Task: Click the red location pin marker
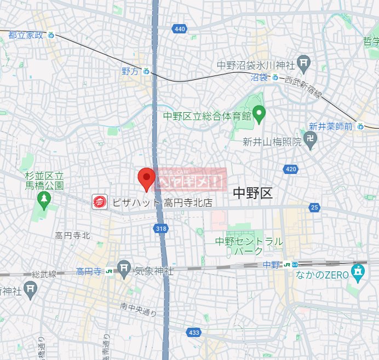(x=146, y=179)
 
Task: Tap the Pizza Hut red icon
(x=100, y=202)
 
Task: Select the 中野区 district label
(x=252, y=193)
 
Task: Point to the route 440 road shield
(x=179, y=28)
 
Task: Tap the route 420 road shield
(x=290, y=169)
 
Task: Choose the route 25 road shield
(x=314, y=207)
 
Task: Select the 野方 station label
(x=131, y=71)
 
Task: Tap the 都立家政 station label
(x=26, y=35)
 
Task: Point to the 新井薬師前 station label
(x=331, y=126)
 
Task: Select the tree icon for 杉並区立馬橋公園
(x=44, y=200)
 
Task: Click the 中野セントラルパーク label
(x=249, y=246)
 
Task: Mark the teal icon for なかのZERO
(x=358, y=270)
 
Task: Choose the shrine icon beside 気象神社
(x=125, y=269)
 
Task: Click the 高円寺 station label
(x=89, y=271)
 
